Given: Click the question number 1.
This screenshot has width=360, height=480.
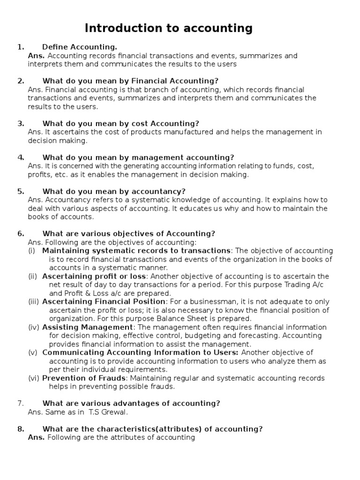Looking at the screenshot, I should [20, 47].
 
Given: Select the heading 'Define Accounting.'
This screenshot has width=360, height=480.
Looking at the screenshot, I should [79, 47].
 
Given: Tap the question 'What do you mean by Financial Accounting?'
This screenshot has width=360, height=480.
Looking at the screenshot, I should [130, 81].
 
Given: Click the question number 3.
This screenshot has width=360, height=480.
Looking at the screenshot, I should [21, 123].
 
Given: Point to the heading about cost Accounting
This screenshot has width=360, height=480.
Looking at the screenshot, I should [120, 123].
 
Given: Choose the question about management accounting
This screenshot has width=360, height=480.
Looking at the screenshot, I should [138, 157].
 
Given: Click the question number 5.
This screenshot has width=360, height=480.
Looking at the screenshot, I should [21, 191].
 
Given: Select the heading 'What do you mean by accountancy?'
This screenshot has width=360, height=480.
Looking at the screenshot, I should [114, 191].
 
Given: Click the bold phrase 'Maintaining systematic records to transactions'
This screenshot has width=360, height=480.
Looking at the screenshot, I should [136, 251].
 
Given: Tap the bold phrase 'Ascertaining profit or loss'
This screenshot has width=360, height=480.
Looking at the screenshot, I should [94, 276].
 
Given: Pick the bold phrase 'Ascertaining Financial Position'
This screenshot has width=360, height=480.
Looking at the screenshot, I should [104, 301].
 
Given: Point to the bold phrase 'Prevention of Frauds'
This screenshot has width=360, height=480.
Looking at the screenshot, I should [84, 378].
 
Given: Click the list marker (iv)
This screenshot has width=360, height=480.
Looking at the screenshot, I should [33, 327].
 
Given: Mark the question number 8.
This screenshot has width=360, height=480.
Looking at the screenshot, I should [21, 429].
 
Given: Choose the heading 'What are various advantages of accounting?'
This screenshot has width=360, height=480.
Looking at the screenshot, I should [131, 403].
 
